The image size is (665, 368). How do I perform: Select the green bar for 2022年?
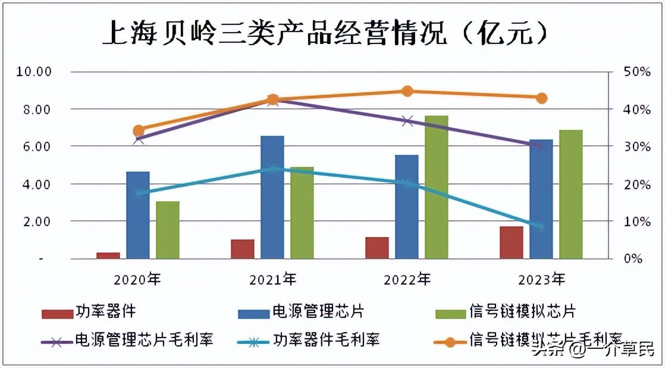[436, 188]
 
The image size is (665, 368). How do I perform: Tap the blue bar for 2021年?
[272, 197]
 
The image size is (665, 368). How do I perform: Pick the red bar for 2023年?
[511, 242]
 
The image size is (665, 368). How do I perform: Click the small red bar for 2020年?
[108, 255]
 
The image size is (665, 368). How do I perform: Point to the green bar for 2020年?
[168, 230]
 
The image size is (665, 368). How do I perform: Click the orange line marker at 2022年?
[407, 91]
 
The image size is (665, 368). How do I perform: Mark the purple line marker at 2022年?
[407, 121]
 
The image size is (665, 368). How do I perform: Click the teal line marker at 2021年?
[272, 169]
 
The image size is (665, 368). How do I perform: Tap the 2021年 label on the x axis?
[272, 279]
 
